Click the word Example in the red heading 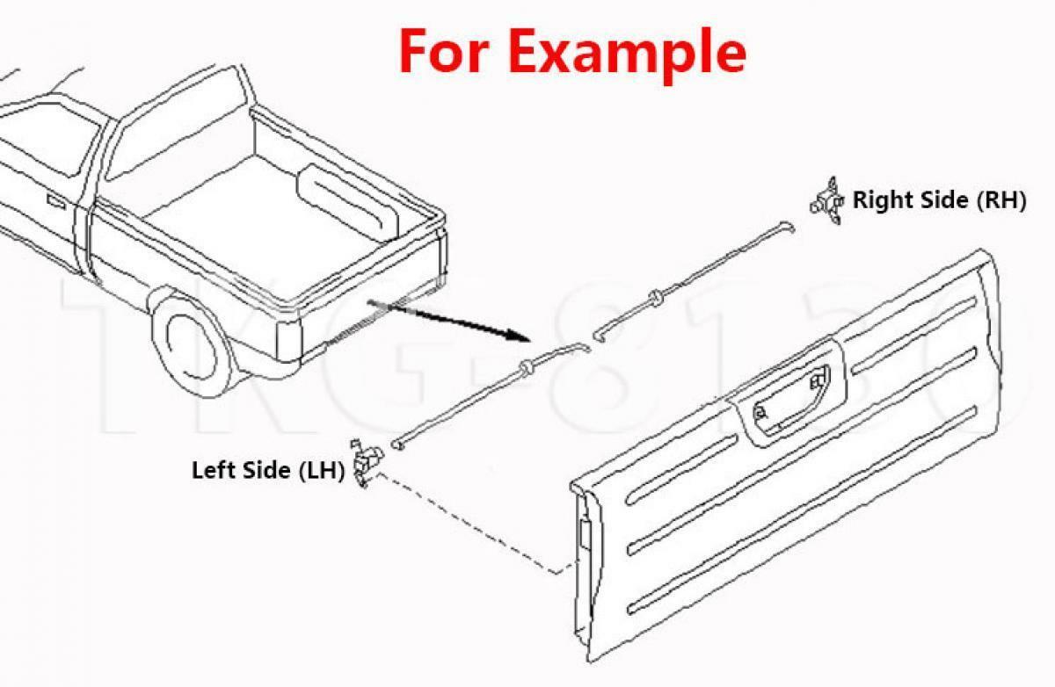(628, 51)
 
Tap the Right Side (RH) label (939, 200)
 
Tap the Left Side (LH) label (267, 470)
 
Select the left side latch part (365, 463)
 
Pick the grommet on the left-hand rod (527, 367)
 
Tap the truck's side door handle (55, 201)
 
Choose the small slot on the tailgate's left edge (584, 533)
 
